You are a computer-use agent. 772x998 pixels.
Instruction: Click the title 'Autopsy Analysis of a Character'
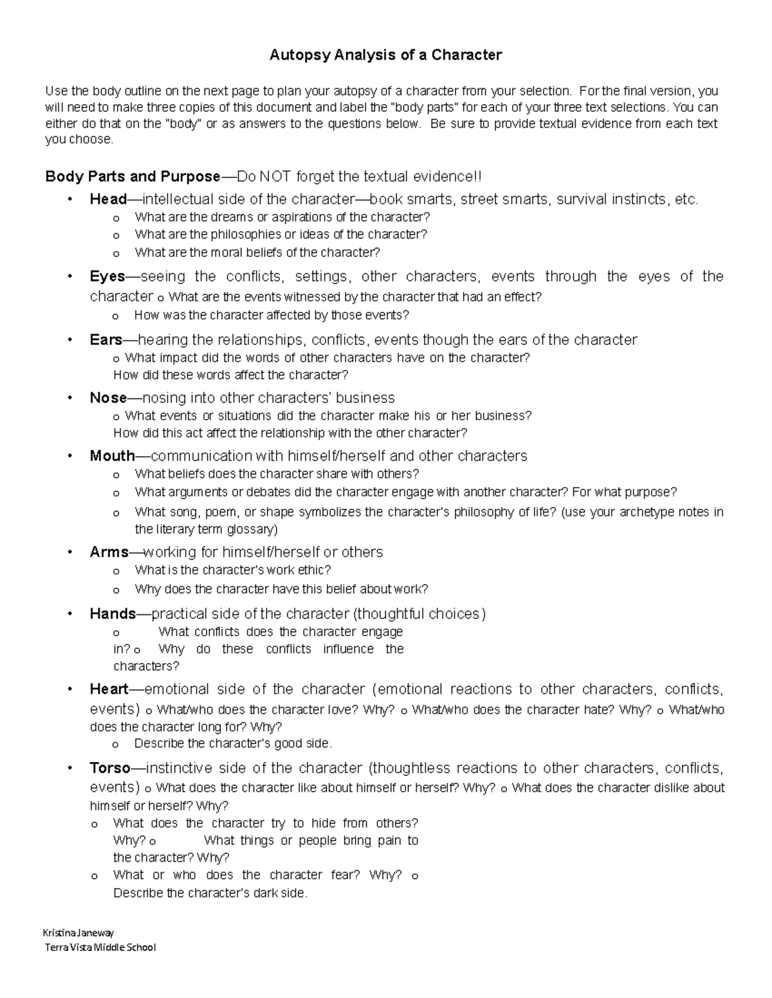[x=385, y=55]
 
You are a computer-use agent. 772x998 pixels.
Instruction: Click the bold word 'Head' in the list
[x=108, y=199]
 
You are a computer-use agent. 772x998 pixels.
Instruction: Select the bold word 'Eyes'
[x=107, y=276]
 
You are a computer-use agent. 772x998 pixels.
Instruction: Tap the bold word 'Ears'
[x=106, y=339]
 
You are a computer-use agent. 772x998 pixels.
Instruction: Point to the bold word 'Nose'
[x=108, y=398]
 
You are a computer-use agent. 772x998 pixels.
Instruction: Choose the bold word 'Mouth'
[x=112, y=456]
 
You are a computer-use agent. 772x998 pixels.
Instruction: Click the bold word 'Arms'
[x=109, y=552]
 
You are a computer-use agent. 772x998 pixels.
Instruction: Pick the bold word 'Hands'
[x=113, y=614]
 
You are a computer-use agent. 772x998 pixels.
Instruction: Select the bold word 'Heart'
[x=109, y=690]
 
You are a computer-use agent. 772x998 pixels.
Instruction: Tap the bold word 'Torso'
[x=110, y=768]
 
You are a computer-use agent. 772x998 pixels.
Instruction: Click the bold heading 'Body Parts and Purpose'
[x=133, y=177]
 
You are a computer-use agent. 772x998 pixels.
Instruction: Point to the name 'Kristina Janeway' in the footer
[x=78, y=932]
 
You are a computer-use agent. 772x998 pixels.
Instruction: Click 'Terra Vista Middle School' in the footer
[x=100, y=947]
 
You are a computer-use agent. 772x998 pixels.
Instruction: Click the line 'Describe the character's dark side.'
[x=210, y=893]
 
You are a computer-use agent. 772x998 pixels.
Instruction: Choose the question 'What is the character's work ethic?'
[x=233, y=570]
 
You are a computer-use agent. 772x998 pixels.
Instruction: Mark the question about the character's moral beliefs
[x=257, y=253]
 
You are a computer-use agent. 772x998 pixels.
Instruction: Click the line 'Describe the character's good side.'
[x=233, y=744]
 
